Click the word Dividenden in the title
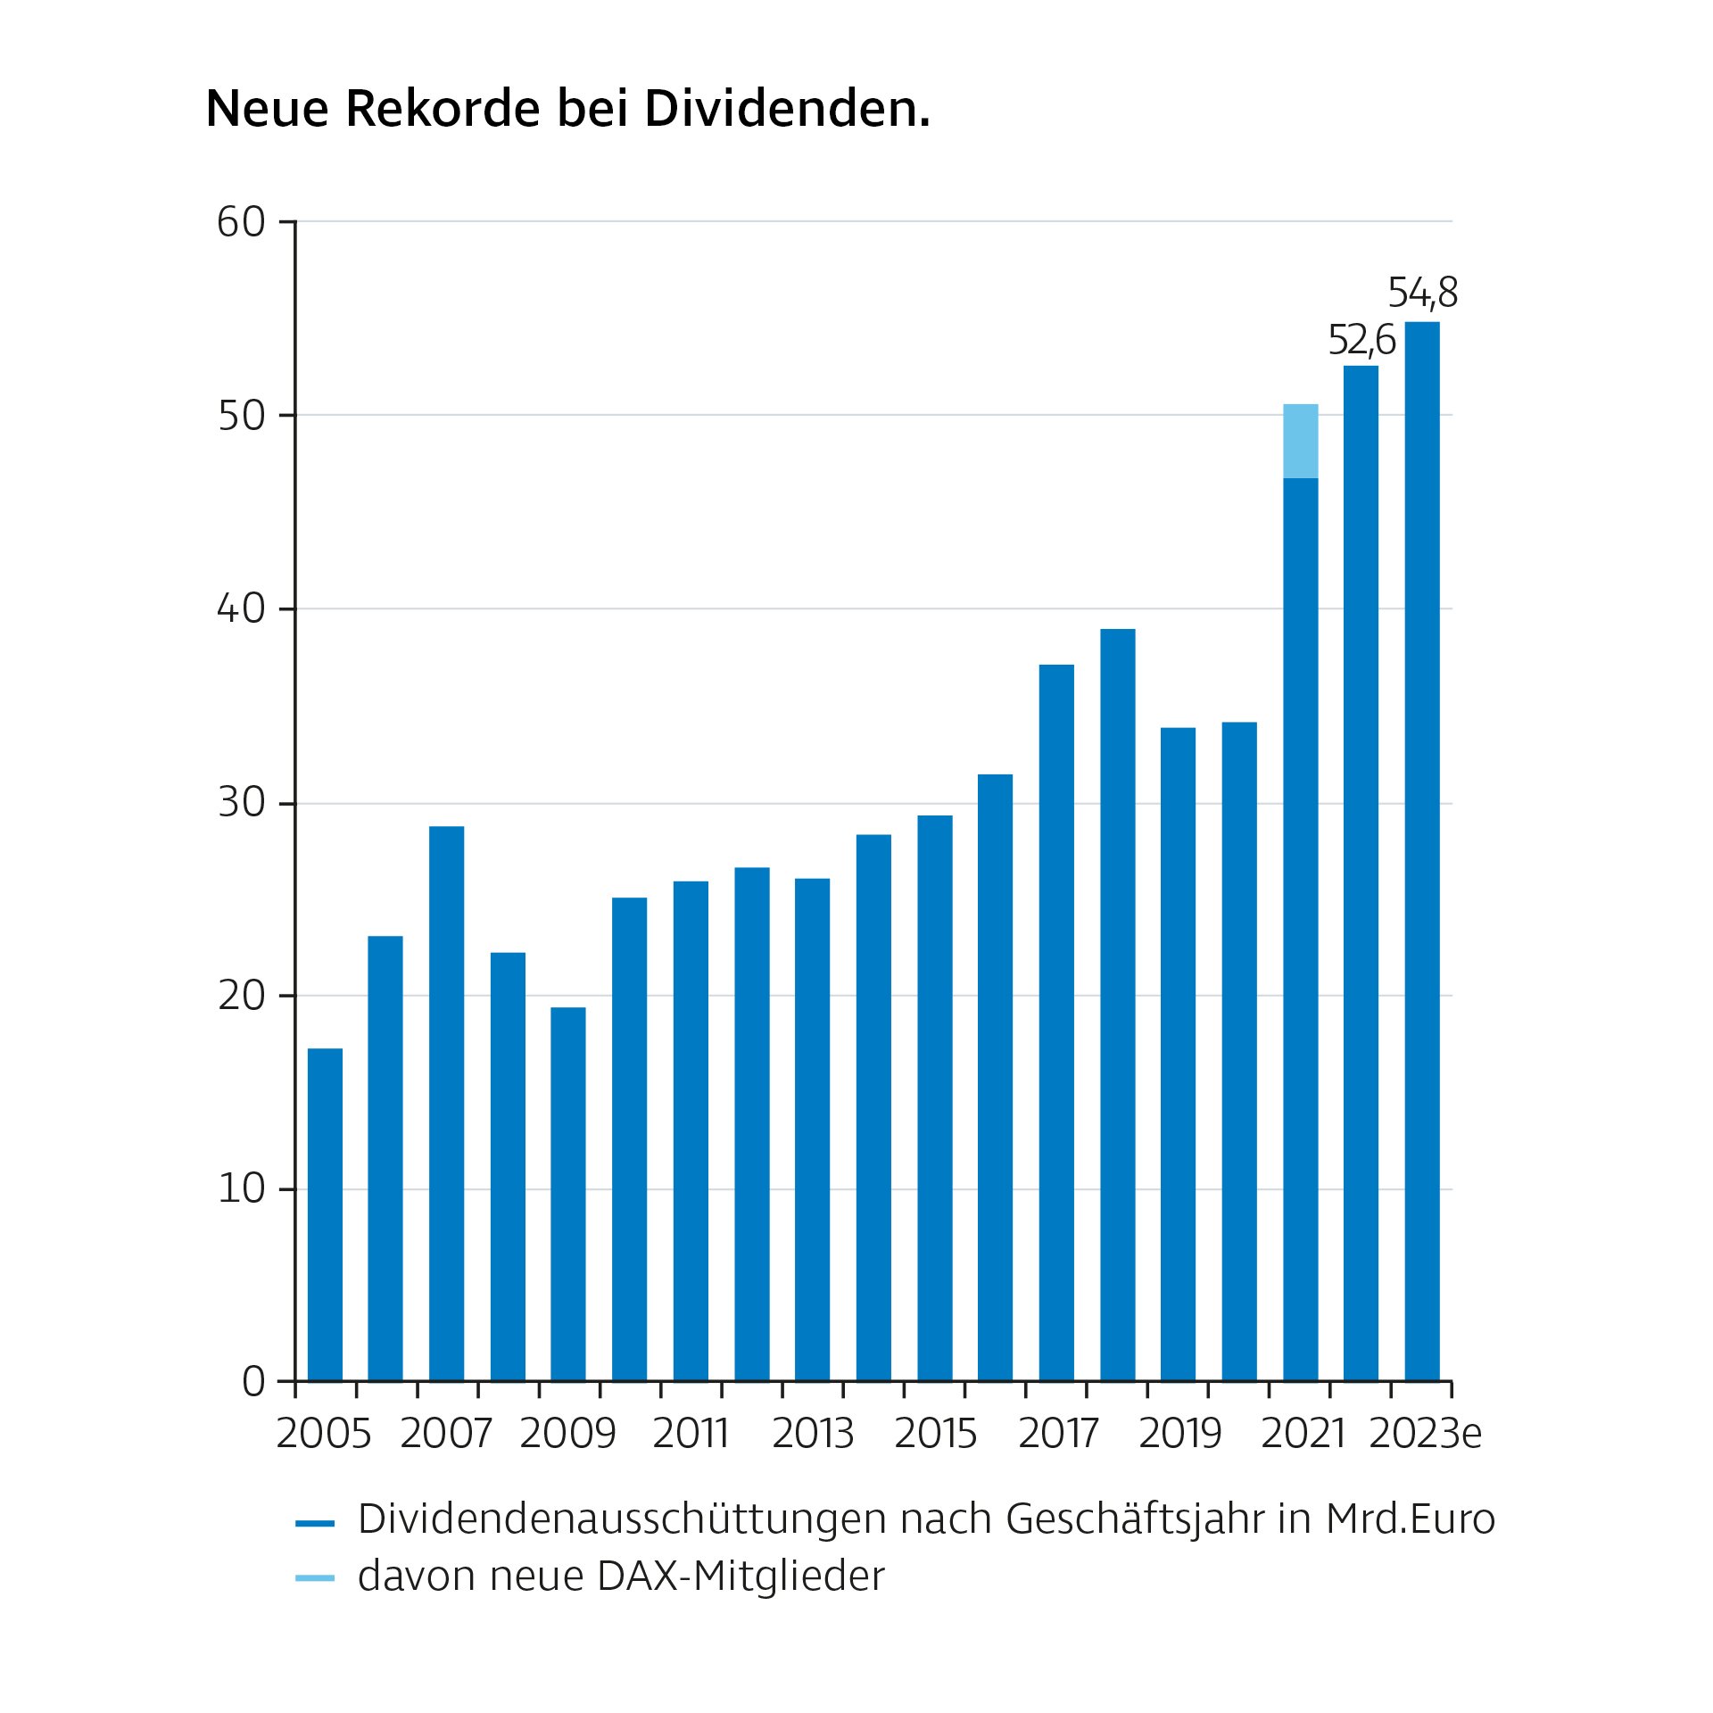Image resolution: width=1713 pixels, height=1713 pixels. [787, 109]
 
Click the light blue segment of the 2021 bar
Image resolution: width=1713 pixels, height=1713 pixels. [1300, 441]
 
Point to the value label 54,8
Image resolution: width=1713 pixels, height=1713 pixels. [1422, 293]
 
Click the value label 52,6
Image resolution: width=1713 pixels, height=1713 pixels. [1361, 340]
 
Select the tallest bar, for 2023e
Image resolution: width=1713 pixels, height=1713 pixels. [1422, 848]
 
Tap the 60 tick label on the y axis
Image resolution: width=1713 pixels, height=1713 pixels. [241, 222]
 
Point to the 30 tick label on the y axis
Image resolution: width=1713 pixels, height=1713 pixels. [241, 803]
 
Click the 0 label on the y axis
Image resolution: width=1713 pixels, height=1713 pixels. [253, 1382]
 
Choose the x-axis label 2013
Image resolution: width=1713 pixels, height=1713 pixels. [812, 1434]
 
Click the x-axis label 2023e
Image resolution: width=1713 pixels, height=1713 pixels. [1425, 1434]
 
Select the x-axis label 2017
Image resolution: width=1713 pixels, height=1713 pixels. [1057, 1434]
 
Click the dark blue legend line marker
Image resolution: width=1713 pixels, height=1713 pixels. [314, 1524]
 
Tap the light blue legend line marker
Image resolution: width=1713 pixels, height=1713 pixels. [314, 1578]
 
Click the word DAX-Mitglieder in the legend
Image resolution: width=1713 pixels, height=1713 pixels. [741, 1576]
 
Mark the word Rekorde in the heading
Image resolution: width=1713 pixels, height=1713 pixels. [443, 109]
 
